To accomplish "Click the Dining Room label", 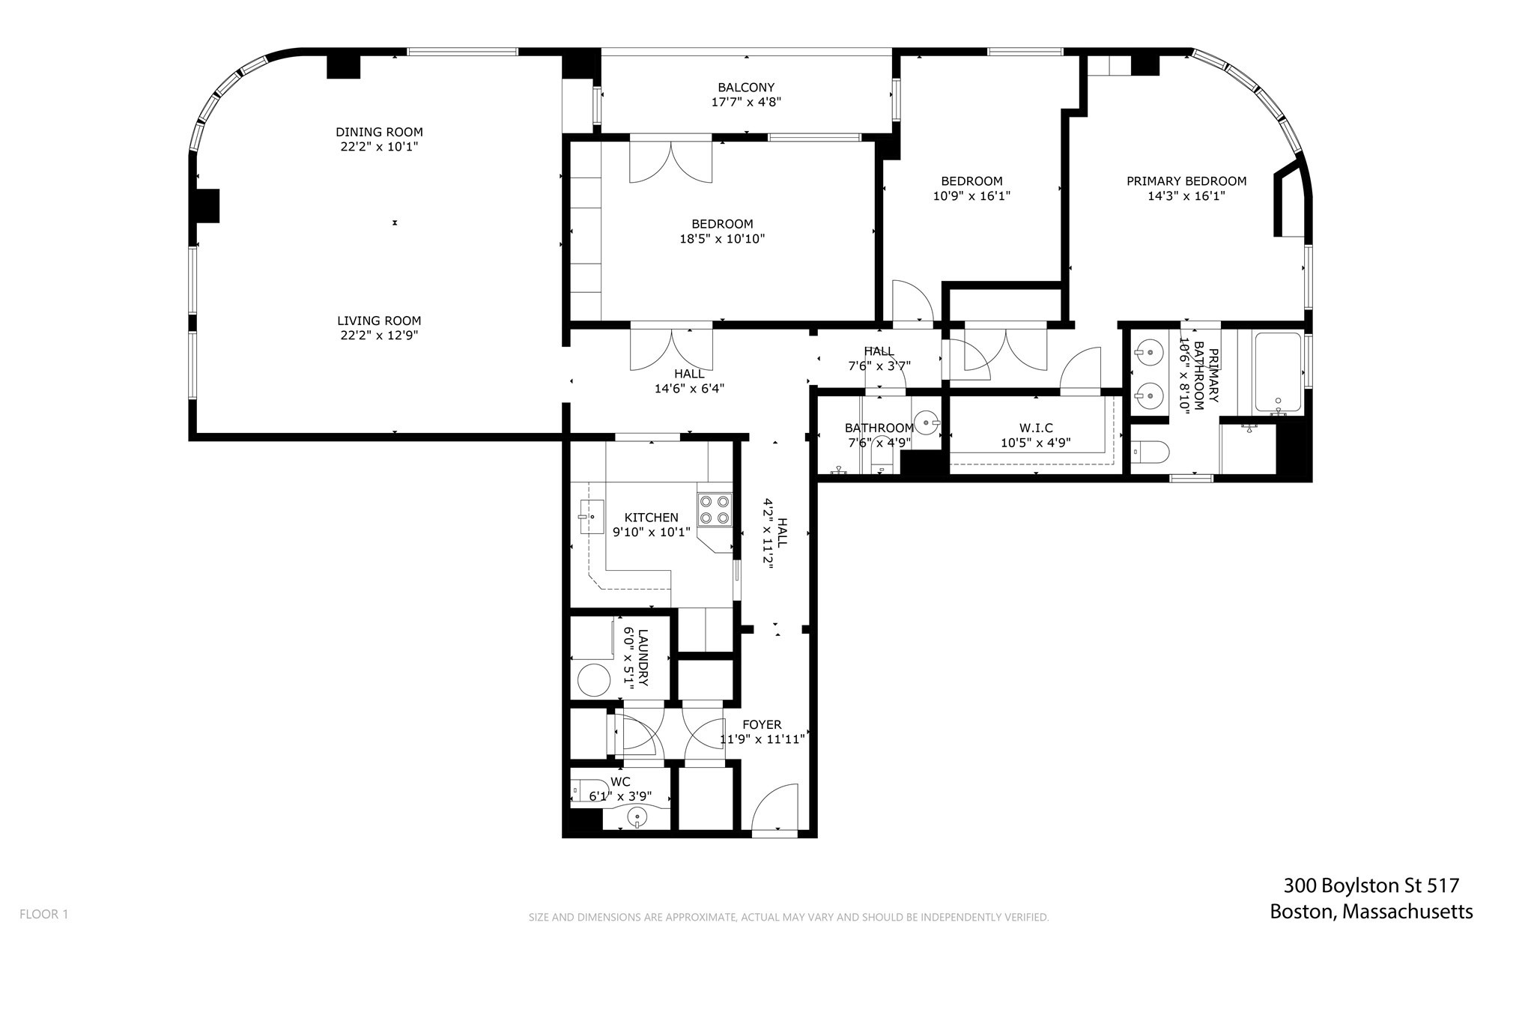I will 379,132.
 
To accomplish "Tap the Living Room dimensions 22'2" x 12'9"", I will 379,336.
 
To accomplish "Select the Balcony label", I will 746,87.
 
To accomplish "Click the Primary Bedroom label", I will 1186,181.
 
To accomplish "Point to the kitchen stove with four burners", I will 714,509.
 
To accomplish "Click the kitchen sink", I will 592,516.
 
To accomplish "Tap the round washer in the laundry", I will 596,680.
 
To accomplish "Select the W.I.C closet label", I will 1036,428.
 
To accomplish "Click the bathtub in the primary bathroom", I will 1278,372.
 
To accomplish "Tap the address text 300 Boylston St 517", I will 1371,885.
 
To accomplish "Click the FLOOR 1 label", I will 43,914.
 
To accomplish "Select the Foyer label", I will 762,724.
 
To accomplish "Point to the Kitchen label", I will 651,517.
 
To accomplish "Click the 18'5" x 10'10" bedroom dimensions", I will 722,239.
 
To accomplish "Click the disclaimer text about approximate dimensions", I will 788,917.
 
